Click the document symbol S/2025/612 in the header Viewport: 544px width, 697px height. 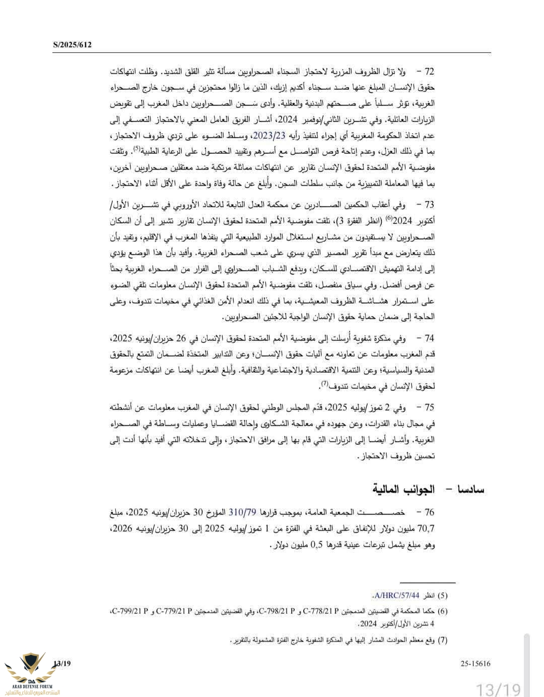72,45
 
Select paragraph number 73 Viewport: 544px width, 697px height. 429,205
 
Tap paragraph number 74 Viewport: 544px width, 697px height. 429,338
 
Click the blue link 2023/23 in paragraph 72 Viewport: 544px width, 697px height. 269,136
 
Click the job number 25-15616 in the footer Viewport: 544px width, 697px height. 475,664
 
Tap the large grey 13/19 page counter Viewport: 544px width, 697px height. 498,688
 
